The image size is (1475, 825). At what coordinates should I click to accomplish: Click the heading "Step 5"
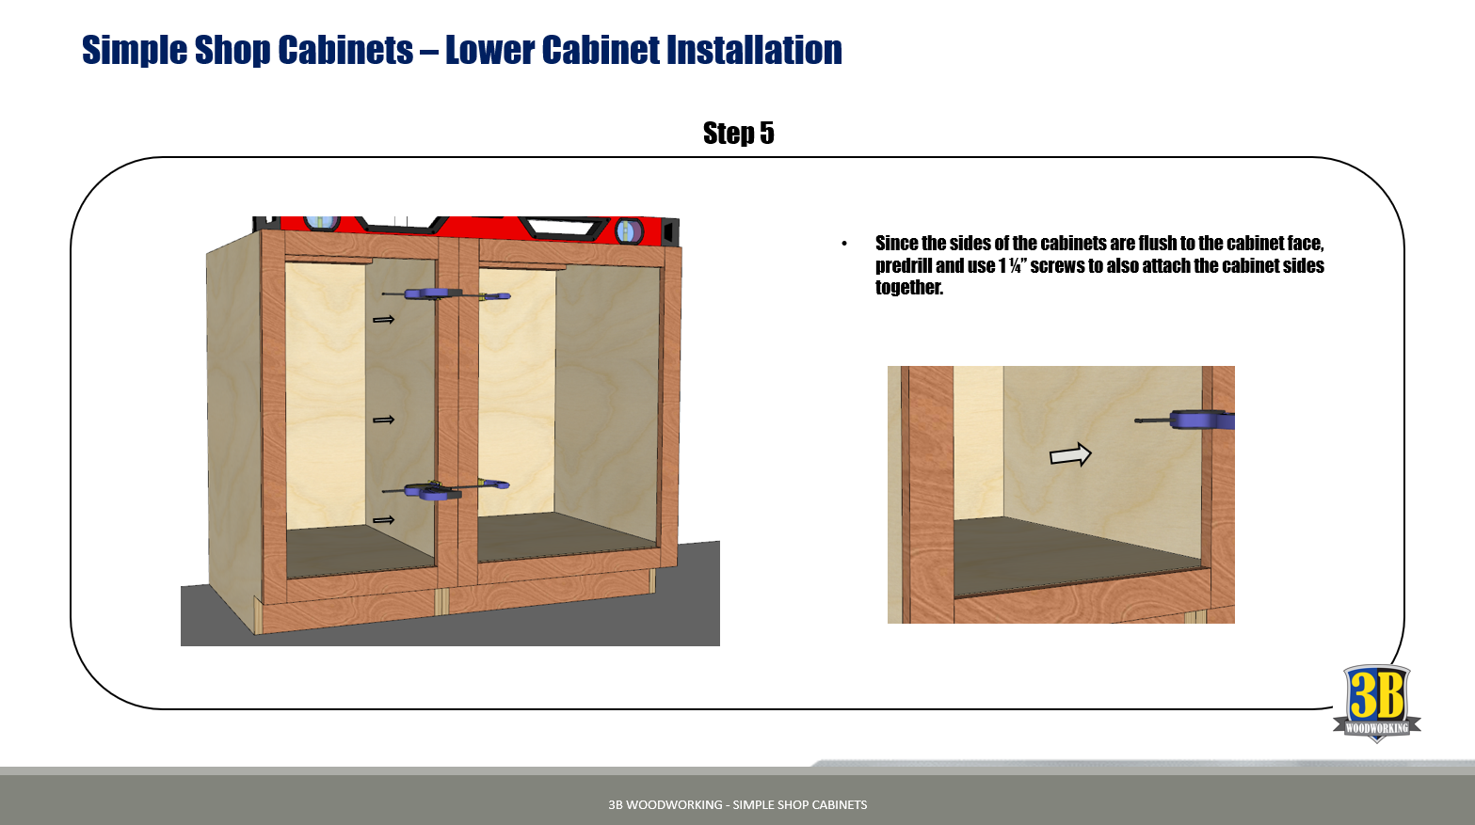click(x=738, y=134)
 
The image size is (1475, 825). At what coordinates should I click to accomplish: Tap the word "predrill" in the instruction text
click(x=904, y=266)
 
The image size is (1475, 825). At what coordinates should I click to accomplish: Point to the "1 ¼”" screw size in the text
click(x=1010, y=266)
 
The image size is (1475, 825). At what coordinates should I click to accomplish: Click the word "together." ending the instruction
click(x=908, y=288)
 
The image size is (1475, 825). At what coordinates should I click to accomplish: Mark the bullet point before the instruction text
click(x=844, y=245)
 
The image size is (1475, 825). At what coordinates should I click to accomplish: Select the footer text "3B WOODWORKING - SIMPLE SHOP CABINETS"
click(x=737, y=804)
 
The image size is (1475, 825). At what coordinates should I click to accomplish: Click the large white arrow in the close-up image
click(x=1070, y=455)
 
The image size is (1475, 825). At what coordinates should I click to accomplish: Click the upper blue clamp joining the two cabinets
click(x=457, y=295)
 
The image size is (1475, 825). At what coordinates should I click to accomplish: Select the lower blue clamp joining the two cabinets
click(x=455, y=489)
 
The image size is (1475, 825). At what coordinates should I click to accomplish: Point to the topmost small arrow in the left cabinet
click(x=383, y=320)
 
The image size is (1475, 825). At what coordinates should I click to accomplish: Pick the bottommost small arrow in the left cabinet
click(x=383, y=520)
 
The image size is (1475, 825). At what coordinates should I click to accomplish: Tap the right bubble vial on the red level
click(x=628, y=230)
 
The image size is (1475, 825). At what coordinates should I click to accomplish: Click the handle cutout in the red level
click(x=559, y=227)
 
